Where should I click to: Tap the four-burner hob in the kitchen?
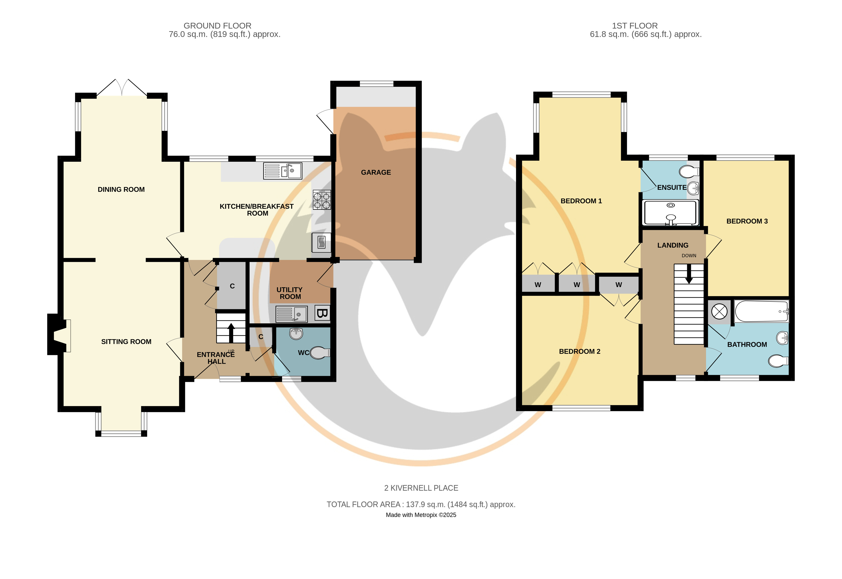point(322,200)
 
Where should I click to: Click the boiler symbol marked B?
point(322,313)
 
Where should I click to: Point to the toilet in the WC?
point(320,352)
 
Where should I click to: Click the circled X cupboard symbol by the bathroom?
point(719,312)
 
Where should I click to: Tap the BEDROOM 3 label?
point(747,221)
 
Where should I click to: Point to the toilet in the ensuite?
point(689,171)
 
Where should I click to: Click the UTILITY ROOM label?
point(290,293)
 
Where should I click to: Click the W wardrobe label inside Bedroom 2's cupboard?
point(619,285)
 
